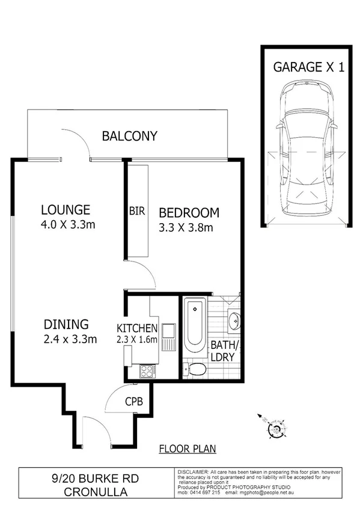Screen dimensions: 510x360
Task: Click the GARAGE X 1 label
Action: click(x=309, y=67)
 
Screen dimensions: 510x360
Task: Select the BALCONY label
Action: click(x=129, y=136)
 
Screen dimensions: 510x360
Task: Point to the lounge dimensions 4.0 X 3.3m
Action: click(x=69, y=225)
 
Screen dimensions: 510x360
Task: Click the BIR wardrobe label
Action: click(x=136, y=212)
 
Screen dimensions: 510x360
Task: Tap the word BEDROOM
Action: click(x=189, y=213)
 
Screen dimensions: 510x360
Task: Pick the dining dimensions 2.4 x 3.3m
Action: click(x=69, y=339)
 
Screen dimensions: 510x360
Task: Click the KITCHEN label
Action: click(x=137, y=328)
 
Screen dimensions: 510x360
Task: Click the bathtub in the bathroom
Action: click(x=195, y=325)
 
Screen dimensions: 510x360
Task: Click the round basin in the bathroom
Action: click(x=234, y=321)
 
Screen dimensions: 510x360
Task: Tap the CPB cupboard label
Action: click(x=133, y=402)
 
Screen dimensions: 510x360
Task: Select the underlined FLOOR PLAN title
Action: click(x=187, y=449)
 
